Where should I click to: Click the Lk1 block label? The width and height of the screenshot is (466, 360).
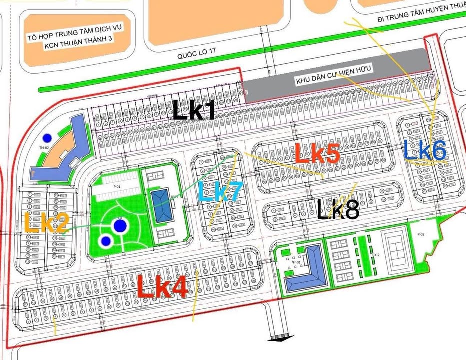point(194,109)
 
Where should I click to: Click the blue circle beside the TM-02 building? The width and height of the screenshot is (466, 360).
point(47,138)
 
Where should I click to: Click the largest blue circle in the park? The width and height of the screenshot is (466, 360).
point(119,226)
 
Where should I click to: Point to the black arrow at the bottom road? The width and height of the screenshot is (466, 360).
point(274,338)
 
